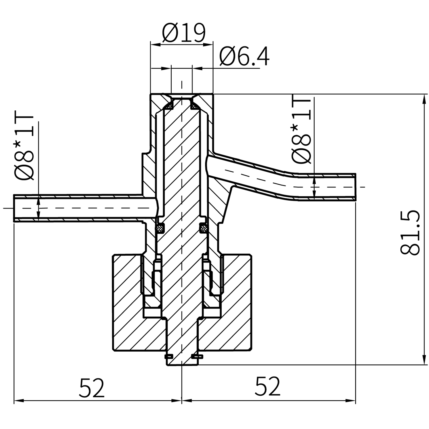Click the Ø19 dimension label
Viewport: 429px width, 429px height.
point(184,33)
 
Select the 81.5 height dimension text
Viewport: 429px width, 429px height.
point(410,233)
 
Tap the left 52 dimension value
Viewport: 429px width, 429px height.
point(91,387)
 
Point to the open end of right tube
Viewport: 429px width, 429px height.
point(355,187)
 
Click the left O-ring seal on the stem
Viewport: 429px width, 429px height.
point(160,228)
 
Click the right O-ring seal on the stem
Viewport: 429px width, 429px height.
point(203,228)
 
